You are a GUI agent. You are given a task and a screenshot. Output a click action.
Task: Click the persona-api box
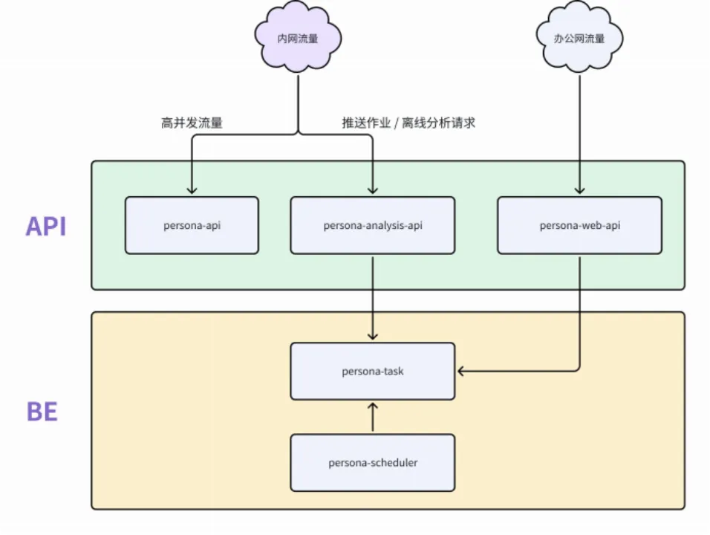pos(192,225)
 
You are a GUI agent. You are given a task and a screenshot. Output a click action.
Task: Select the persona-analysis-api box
pos(372,225)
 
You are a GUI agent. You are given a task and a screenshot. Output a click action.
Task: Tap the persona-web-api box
pos(579,225)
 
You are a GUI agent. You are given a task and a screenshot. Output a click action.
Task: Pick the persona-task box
pos(372,371)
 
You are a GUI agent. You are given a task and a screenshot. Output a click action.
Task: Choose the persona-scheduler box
pos(372,463)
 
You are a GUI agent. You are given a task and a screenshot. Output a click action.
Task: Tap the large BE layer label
pos(42,411)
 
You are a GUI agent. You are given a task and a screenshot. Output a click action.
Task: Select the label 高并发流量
pos(192,123)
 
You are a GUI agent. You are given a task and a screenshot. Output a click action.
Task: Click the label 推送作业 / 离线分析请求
pos(408,123)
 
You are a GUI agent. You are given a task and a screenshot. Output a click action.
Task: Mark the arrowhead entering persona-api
pos(192,191)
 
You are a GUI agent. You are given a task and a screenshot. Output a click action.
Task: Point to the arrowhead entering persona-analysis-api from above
pos(372,191)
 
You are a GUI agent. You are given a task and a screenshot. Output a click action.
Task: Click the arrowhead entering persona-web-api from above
pos(579,191)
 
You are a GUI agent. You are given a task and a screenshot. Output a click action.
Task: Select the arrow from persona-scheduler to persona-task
pos(372,418)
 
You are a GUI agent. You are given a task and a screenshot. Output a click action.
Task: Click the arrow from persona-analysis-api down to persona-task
pos(372,297)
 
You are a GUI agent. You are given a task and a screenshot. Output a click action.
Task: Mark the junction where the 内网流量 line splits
pos(298,134)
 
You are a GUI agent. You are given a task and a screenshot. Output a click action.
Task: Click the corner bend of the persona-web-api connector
pos(579,370)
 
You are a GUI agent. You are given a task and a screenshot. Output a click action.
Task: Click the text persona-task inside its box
pos(372,371)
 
